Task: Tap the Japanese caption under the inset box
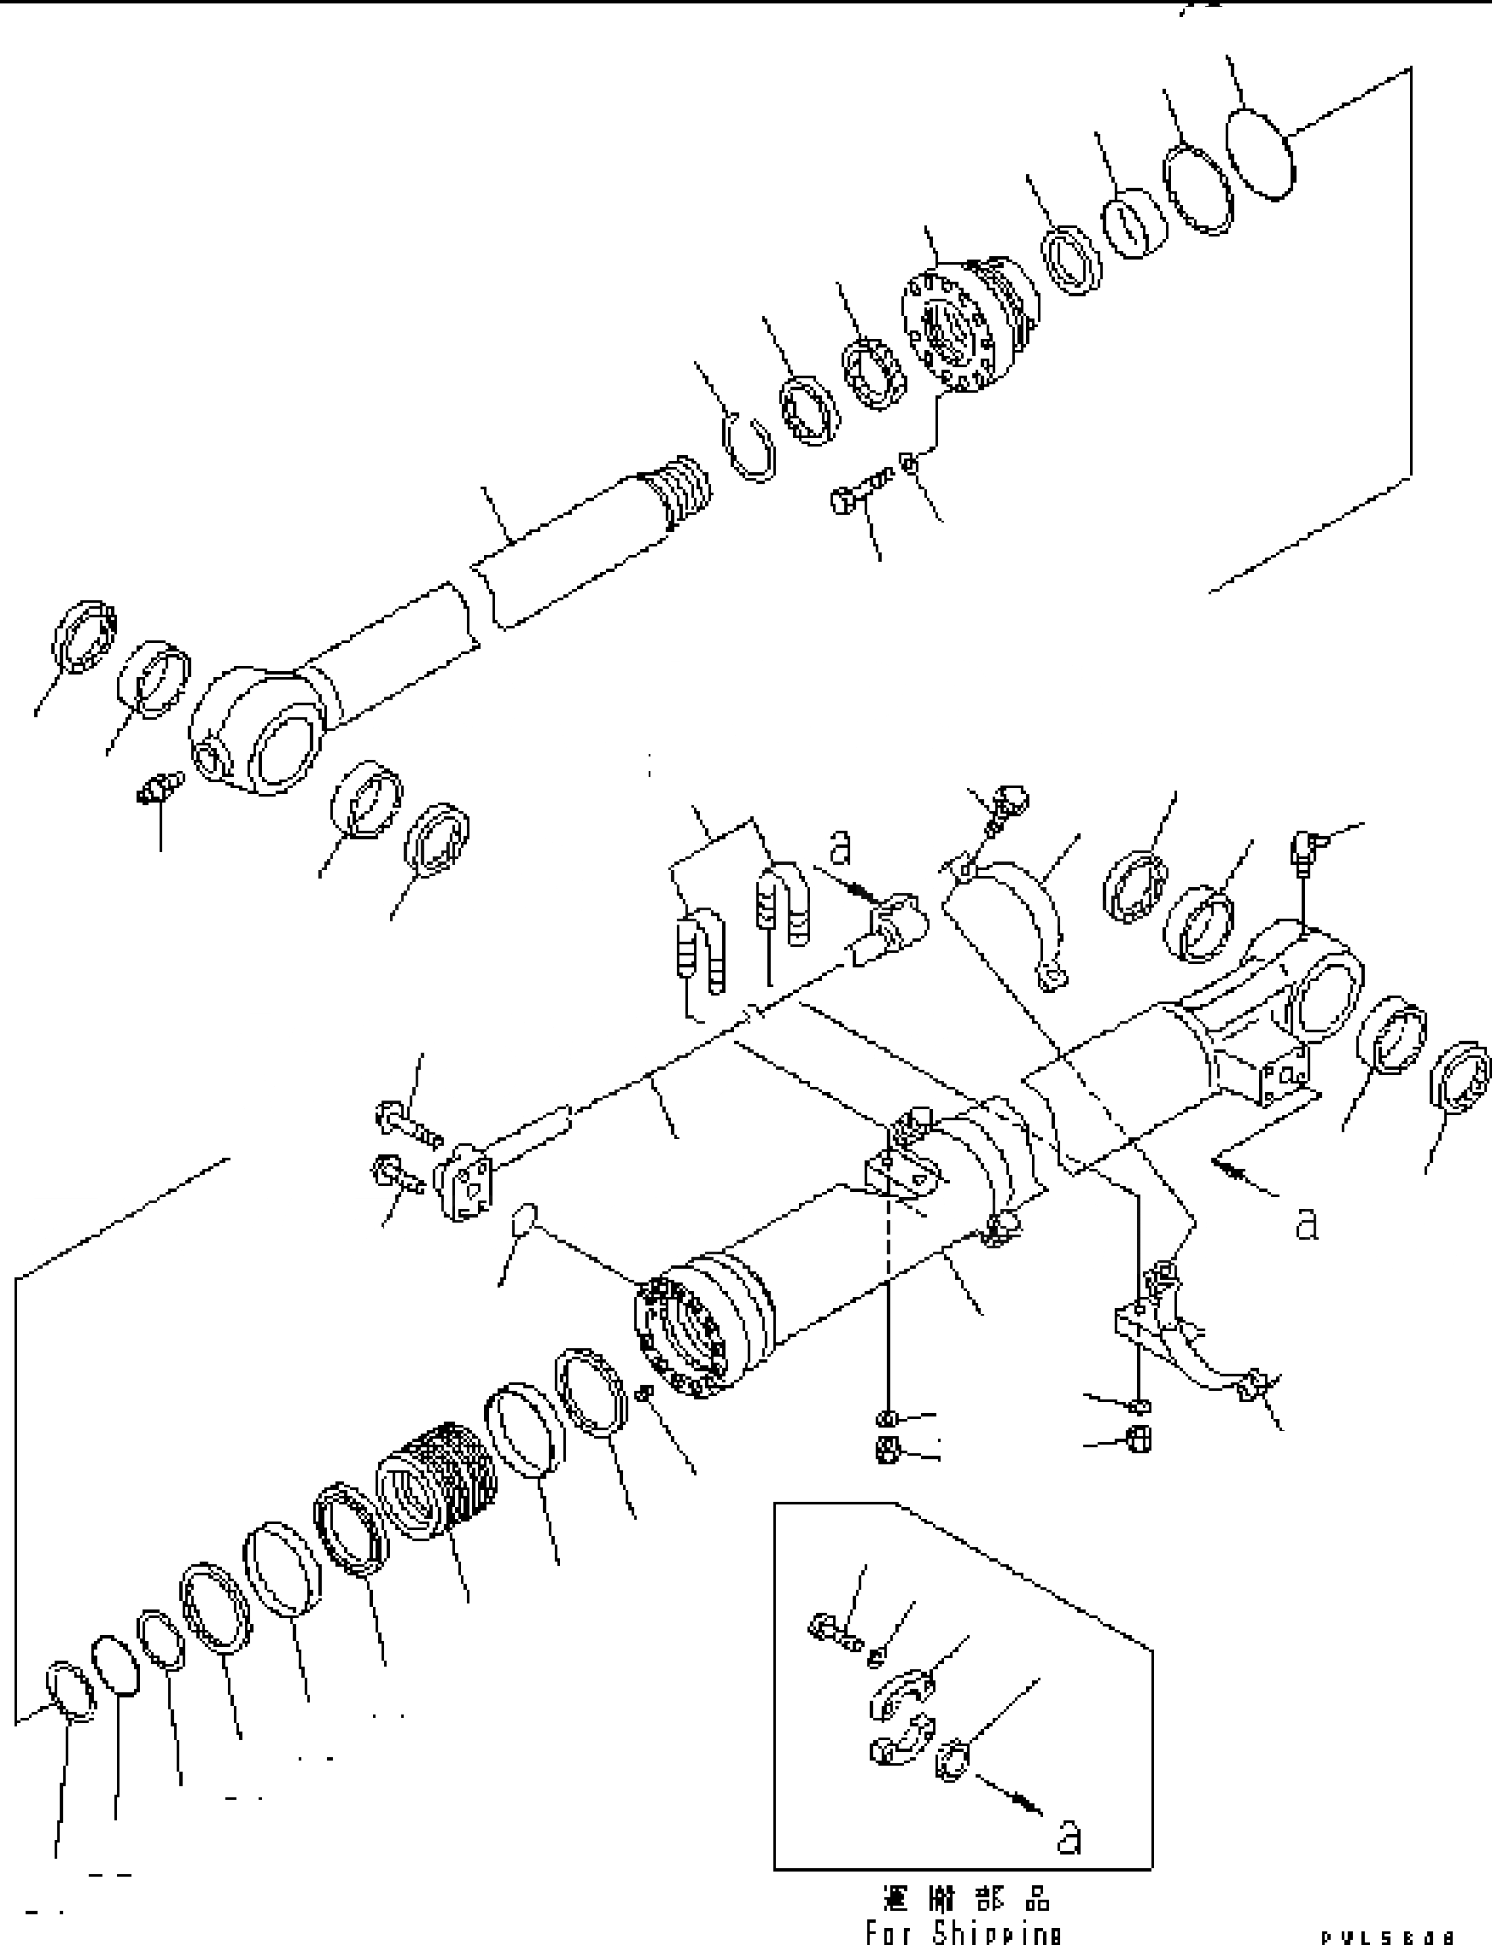(966, 1899)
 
